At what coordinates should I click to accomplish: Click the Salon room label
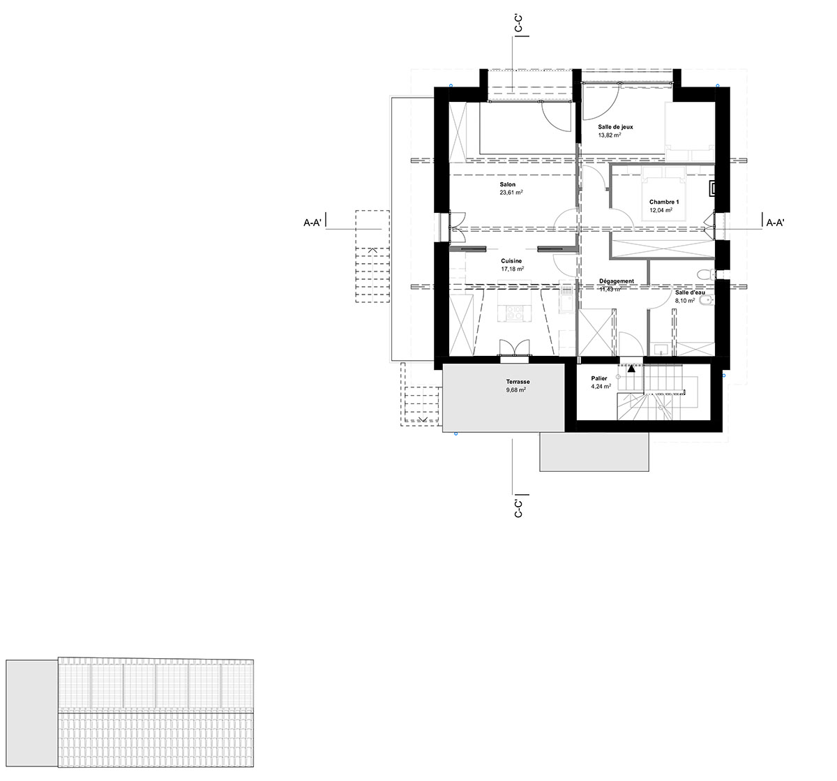[x=507, y=184]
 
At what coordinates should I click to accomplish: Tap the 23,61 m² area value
[x=511, y=193]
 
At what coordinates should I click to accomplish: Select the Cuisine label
[x=511, y=261]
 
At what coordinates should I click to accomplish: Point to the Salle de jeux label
[x=615, y=127]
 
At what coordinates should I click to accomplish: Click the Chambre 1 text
[x=664, y=202]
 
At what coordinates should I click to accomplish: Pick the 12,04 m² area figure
[x=661, y=210]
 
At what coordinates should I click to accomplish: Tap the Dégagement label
[x=617, y=281]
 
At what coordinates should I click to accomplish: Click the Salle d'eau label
[x=690, y=292]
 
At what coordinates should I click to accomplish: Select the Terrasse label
[x=518, y=382]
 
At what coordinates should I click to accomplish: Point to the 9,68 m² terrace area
[x=516, y=390]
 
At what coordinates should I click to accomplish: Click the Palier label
[x=599, y=378]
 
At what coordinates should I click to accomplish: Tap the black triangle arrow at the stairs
[x=631, y=369]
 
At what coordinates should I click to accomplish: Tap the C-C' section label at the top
[x=518, y=23]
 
